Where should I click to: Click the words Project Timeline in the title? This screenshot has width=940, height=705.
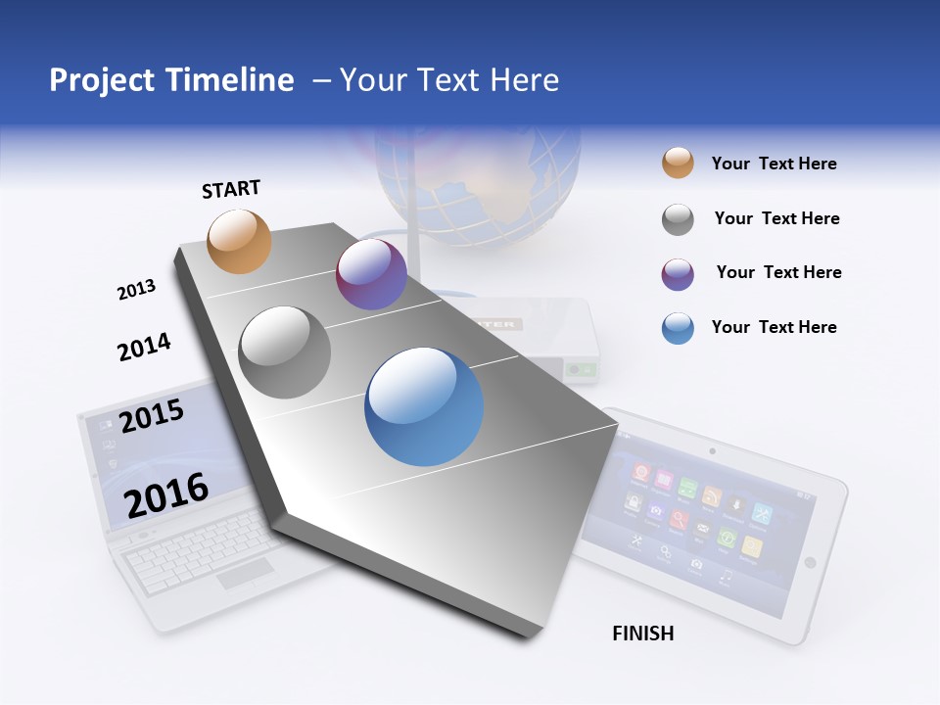click(171, 80)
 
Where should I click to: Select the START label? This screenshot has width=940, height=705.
click(231, 189)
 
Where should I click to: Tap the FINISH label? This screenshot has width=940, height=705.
click(642, 634)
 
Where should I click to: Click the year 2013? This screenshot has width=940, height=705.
click(136, 290)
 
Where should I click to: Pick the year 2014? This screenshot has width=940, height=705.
click(144, 347)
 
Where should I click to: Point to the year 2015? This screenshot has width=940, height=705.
click(152, 415)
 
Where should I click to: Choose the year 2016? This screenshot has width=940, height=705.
click(166, 494)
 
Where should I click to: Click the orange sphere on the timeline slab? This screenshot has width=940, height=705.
click(239, 241)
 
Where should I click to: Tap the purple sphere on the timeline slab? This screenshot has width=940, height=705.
click(371, 274)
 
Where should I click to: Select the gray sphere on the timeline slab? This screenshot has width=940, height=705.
click(285, 352)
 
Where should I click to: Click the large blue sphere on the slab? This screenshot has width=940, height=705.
click(424, 406)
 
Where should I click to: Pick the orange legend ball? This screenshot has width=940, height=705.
click(678, 164)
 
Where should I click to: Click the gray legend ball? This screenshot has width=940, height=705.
click(678, 219)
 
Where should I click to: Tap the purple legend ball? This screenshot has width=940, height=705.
click(678, 274)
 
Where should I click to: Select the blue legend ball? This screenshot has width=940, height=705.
click(678, 328)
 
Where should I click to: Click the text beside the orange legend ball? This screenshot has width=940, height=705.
click(774, 164)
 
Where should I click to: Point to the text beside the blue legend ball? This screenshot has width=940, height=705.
click(774, 327)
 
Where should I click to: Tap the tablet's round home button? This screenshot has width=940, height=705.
click(810, 562)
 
